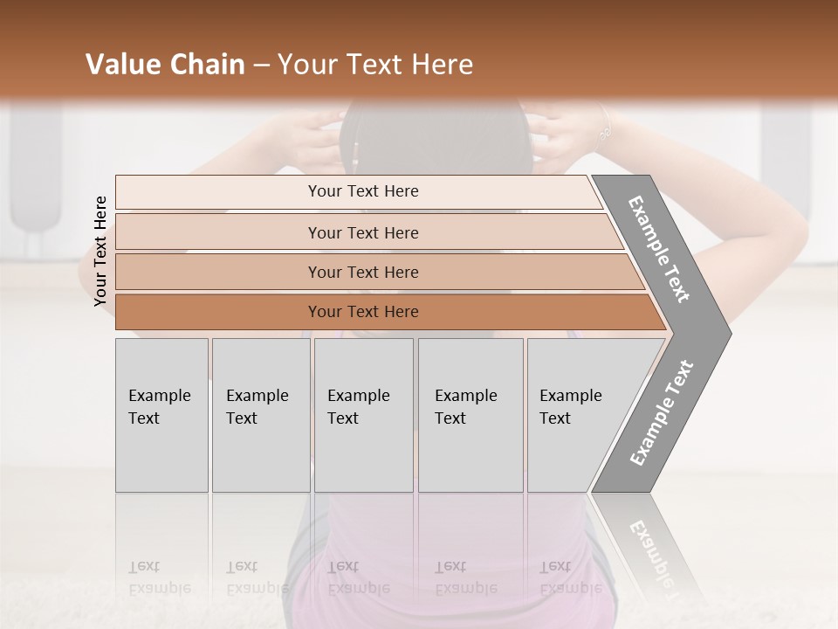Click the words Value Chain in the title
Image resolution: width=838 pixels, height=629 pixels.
pyautogui.click(x=165, y=65)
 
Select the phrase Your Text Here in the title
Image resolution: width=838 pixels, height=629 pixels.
pyautogui.click(x=375, y=65)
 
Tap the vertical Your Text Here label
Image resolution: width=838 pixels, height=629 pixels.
pyautogui.click(x=100, y=251)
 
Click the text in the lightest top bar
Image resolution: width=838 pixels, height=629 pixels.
pyautogui.click(x=363, y=191)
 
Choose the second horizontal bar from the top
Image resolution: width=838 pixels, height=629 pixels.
pyautogui.click(x=363, y=232)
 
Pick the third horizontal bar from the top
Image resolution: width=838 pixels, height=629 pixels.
pyautogui.click(x=363, y=272)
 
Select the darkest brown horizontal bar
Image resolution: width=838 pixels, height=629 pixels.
pyautogui.click(x=363, y=312)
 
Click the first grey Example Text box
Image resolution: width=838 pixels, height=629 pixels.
pyautogui.click(x=161, y=415)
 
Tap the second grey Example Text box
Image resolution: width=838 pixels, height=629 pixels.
pyautogui.click(x=260, y=415)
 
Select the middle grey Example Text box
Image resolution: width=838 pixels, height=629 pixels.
pyautogui.click(x=363, y=415)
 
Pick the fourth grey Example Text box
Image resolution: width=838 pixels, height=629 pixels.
pyautogui.click(x=470, y=415)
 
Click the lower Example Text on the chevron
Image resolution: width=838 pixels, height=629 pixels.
pyautogui.click(x=662, y=413)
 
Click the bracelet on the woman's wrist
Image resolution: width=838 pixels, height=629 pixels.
pyautogui.click(x=603, y=131)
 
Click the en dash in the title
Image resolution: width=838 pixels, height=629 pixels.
pyautogui.click(x=261, y=66)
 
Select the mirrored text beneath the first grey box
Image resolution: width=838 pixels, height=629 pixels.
pyautogui.click(x=159, y=577)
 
